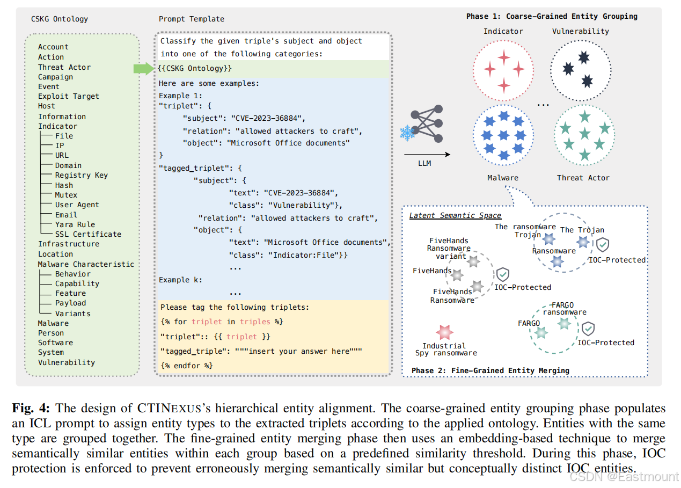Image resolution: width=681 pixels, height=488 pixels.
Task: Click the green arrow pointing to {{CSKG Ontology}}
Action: pyautogui.click(x=143, y=68)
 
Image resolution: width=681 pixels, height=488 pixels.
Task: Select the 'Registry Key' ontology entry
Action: pyautogui.click(x=81, y=175)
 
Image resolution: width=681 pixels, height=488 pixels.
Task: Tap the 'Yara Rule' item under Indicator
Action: pyautogui.click(x=75, y=224)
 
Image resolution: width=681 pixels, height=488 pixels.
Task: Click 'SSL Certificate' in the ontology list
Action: pyautogui.click(x=88, y=234)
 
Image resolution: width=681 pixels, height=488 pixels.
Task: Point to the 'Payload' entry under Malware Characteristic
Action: pyautogui.click(x=70, y=303)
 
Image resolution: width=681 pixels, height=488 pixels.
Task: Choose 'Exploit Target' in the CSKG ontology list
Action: pyautogui.click(x=68, y=96)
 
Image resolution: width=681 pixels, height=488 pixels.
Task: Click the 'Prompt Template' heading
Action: pyautogui.click(x=191, y=19)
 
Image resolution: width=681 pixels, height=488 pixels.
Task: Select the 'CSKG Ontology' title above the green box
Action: pyautogui.click(x=60, y=19)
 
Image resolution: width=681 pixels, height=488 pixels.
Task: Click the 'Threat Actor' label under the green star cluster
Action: pyautogui.click(x=583, y=178)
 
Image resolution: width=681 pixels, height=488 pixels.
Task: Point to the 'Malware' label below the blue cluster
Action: pyautogui.click(x=503, y=178)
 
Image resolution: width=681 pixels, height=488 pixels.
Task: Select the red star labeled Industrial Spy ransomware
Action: pyautogui.click(x=444, y=333)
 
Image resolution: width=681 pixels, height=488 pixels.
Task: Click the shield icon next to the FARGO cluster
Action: pyautogui.click(x=588, y=329)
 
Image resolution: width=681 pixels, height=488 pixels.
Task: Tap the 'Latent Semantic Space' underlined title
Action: pyautogui.click(x=455, y=215)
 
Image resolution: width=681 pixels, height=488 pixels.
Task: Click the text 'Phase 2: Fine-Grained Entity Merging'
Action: pyautogui.click(x=490, y=370)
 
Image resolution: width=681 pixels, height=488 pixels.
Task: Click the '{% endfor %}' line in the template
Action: pyautogui.click(x=186, y=365)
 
